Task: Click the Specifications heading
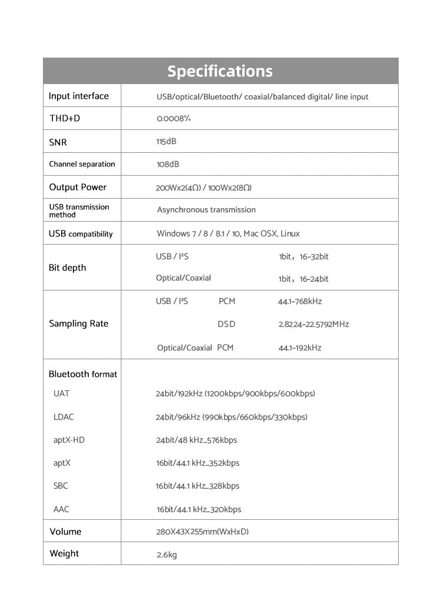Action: [220, 71]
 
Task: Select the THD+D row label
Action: [65, 118]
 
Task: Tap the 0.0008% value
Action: [173, 118]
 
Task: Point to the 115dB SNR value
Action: [166, 141]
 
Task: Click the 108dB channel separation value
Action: [168, 164]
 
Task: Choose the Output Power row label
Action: [78, 187]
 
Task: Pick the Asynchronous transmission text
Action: [206, 210]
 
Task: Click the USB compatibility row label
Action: [81, 233]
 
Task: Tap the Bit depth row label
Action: [67, 268]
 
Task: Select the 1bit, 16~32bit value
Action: [303, 257]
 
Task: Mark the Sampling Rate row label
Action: [78, 323]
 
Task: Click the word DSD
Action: [226, 324]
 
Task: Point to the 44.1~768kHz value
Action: [300, 301]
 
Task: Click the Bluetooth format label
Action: [83, 374]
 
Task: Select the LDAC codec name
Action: [64, 417]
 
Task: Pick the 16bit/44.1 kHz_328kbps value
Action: [198, 486]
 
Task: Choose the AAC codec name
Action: [61, 509]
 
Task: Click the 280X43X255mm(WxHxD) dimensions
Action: [202, 532]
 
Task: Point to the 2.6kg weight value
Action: [166, 554]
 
